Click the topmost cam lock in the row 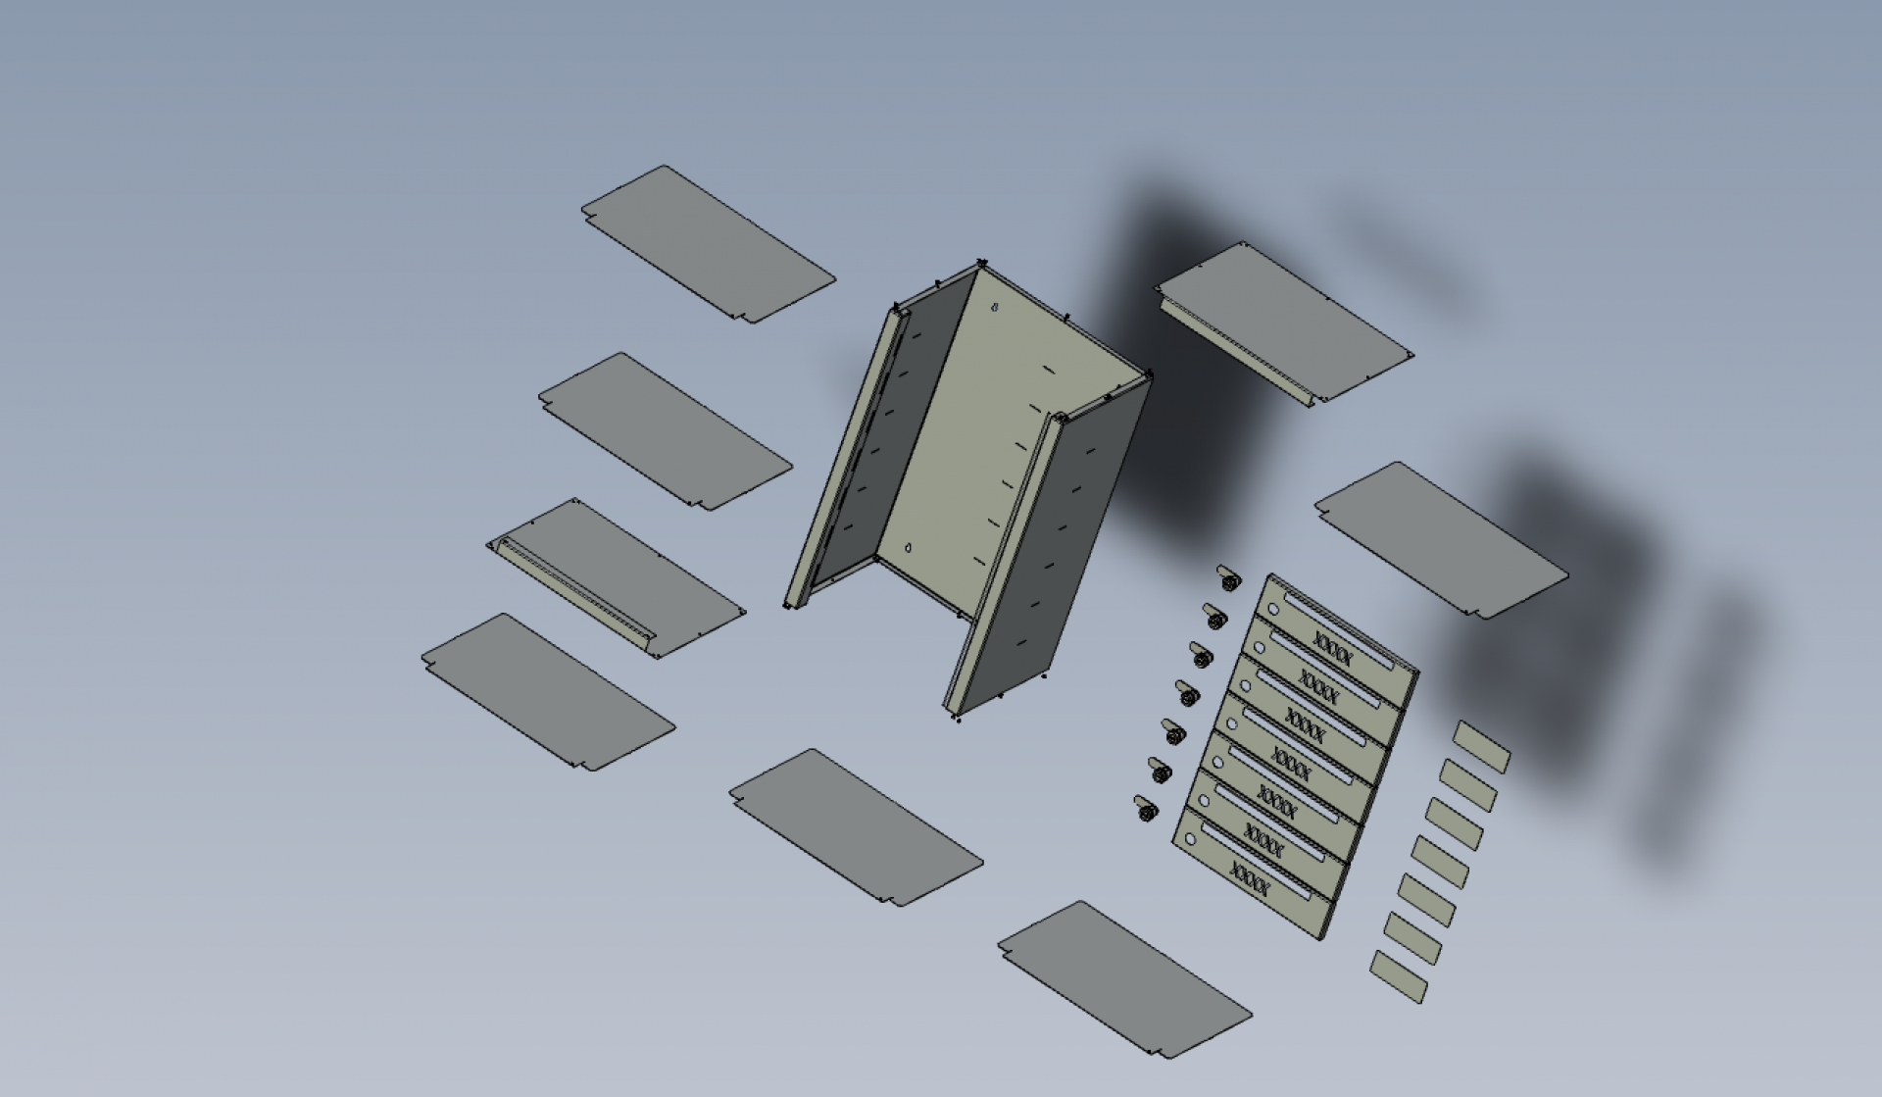[x=1227, y=576]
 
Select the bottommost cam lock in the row [x=1145, y=808]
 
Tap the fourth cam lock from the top [x=1186, y=692]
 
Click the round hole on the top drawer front [x=1274, y=609]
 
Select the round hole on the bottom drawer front [x=1191, y=840]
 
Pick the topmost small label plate [x=1481, y=747]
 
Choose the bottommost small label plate [x=1399, y=976]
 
